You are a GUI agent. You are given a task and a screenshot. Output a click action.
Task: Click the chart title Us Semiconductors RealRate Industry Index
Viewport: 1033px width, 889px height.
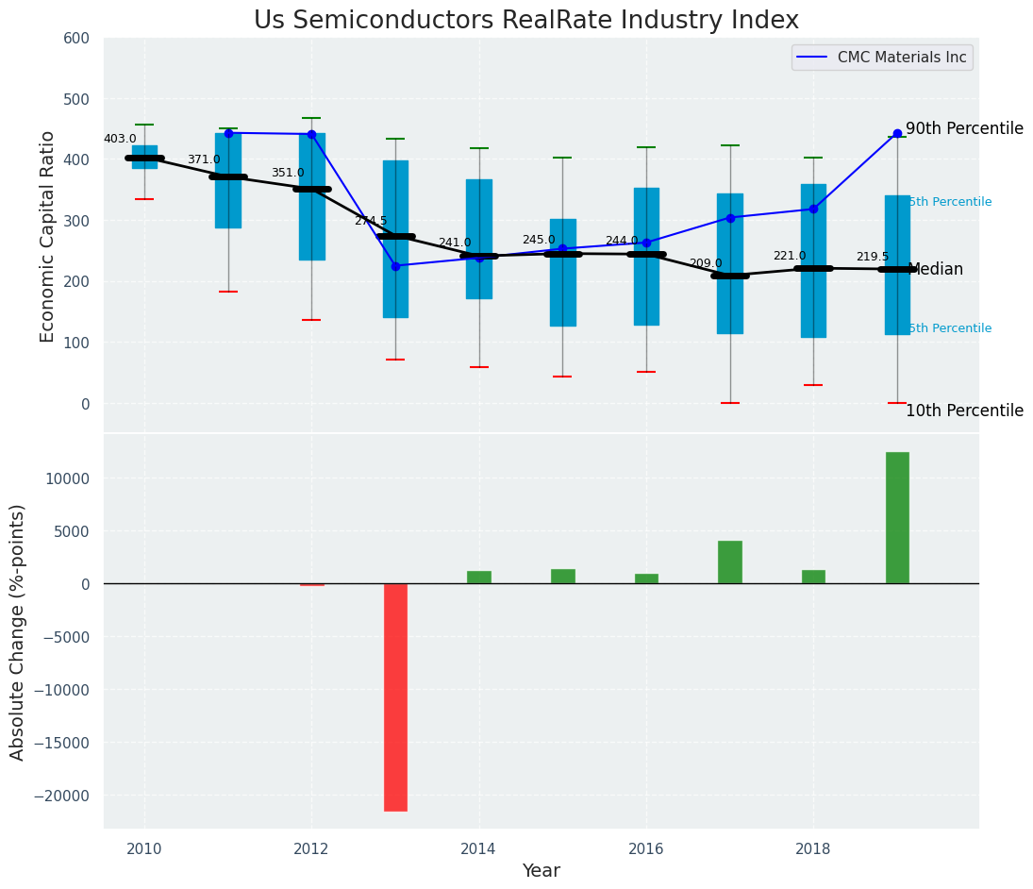click(x=526, y=21)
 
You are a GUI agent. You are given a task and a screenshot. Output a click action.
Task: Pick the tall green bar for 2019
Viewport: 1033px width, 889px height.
click(x=897, y=517)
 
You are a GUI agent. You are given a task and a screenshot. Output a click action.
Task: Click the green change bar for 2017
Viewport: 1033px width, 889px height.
click(x=730, y=562)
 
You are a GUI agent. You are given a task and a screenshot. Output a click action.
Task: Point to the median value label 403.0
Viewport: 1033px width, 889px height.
click(x=120, y=139)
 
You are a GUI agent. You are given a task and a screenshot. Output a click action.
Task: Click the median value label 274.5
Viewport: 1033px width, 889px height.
click(x=371, y=221)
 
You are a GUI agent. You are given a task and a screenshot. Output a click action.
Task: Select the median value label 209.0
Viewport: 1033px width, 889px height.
click(x=706, y=263)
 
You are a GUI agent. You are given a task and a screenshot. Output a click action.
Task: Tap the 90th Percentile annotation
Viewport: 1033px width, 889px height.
click(x=964, y=128)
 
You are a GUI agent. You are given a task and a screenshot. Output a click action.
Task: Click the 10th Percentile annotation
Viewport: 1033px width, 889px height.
click(x=964, y=411)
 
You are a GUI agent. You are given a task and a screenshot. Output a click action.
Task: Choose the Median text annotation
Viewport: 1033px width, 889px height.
click(x=935, y=269)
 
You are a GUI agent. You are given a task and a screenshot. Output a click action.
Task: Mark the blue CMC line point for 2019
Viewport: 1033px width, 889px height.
click(x=897, y=133)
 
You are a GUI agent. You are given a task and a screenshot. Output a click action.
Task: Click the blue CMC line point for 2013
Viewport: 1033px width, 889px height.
click(x=395, y=266)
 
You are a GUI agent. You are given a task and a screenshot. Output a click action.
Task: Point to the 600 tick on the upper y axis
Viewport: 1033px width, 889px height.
click(x=76, y=38)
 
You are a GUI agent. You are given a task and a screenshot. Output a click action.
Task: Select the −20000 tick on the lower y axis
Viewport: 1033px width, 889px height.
click(x=62, y=796)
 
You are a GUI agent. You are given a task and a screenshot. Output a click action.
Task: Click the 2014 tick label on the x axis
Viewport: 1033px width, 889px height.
click(x=479, y=848)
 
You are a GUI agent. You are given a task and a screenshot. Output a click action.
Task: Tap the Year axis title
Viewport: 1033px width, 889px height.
click(x=541, y=871)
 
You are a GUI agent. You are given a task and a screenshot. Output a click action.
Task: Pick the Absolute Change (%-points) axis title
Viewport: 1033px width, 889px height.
click(x=18, y=631)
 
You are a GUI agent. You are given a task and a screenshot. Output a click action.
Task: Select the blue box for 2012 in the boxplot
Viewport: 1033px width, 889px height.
click(x=312, y=196)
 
